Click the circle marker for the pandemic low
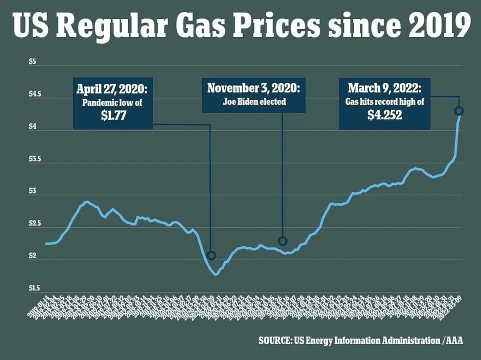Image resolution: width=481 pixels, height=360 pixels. pos(211,255)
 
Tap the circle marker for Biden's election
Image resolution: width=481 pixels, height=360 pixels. pos(282,241)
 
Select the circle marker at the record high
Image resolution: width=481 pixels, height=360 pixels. pos(459,110)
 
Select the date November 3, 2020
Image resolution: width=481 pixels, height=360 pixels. pos(253,88)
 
